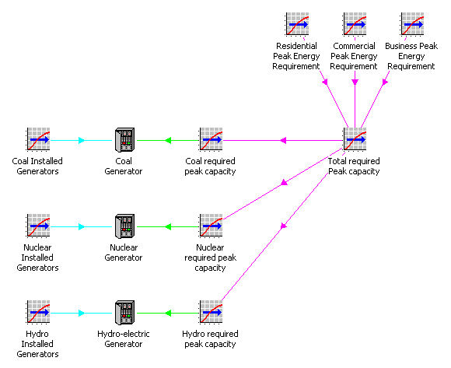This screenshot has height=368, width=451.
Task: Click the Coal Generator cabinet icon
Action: pos(124,140)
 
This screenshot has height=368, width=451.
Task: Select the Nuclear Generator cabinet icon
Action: pos(124,226)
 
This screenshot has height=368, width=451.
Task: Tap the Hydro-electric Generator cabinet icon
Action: pos(124,313)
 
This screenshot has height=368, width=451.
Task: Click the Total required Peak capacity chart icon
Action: pos(355,139)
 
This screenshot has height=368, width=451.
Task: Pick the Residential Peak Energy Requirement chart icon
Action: pos(297,24)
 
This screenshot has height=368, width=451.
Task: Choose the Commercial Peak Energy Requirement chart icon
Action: pos(355,24)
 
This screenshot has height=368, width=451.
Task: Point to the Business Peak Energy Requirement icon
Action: pos(412,24)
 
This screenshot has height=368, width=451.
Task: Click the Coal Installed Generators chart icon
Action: pos(38,139)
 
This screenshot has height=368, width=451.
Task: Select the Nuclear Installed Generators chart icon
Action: pos(38,226)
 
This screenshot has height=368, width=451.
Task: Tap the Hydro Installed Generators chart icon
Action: pos(38,312)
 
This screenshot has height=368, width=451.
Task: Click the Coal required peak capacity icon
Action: pos(211,139)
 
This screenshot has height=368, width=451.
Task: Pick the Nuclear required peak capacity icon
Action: pos(211,226)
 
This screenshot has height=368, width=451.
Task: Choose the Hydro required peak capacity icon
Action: pos(211,312)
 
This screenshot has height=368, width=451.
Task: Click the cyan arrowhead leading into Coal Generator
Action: pos(82,140)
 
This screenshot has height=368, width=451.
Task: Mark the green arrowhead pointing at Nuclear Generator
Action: pos(168,226)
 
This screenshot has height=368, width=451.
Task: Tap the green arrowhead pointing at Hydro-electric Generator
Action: pos(168,313)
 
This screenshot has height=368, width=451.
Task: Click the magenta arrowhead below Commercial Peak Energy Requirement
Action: pos(355,82)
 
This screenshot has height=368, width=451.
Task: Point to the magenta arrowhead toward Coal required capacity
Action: pos(283,140)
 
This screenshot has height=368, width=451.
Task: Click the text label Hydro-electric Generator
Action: pos(124,339)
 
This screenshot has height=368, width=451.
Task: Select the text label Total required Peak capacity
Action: pos(354,166)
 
